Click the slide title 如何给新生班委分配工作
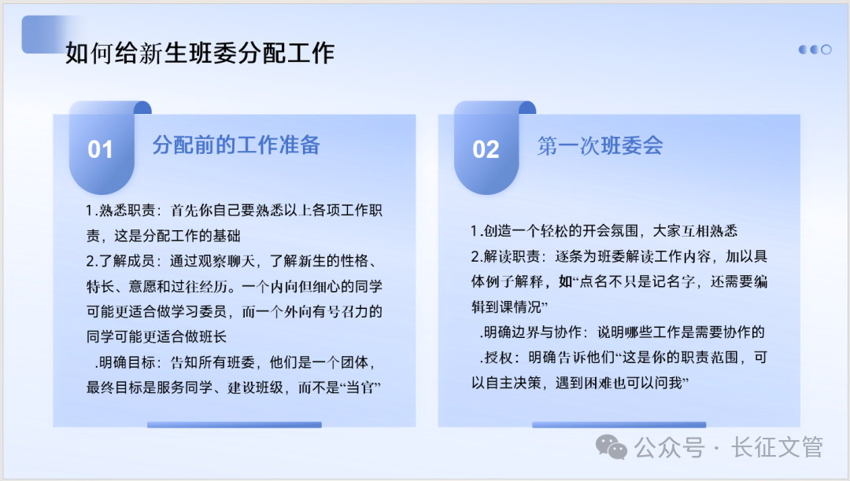click(x=200, y=53)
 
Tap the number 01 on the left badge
click(x=100, y=149)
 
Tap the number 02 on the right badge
click(x=486, y=149)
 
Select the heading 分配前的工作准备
click(x=236, y=145)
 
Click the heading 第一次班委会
click(x=600, y=145)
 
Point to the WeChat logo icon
click(x=612, y=447)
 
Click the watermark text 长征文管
click(x=777, y=447)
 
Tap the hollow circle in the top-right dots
click(x=826, y=50)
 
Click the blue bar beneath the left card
click(x=235, y=424)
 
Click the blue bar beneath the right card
click(x=619, y=424)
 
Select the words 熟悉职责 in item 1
click(x=128, y=210)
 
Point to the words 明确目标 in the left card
click(x=128, y=362)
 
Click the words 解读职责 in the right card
click(x=512, y=256)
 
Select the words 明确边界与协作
click(x=533, y=332)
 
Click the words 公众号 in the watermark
click(x=669, y=448)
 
